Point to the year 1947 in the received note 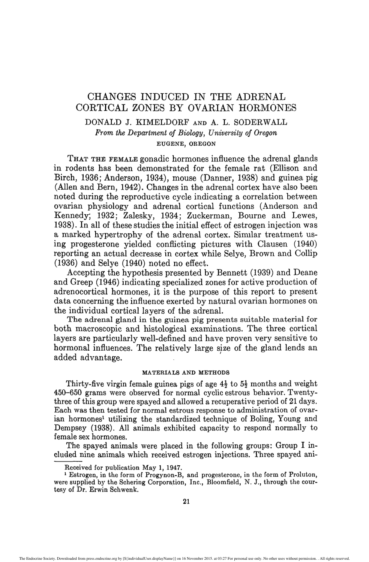(x=175, y=468)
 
